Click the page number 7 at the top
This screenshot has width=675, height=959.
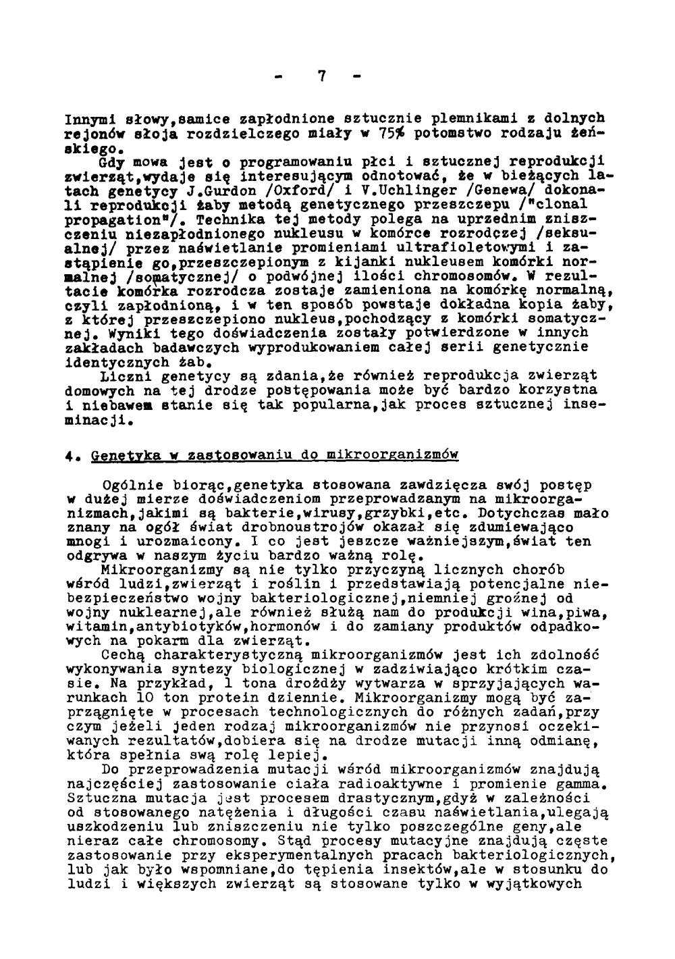pyautogui.click(x=322, y=76)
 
